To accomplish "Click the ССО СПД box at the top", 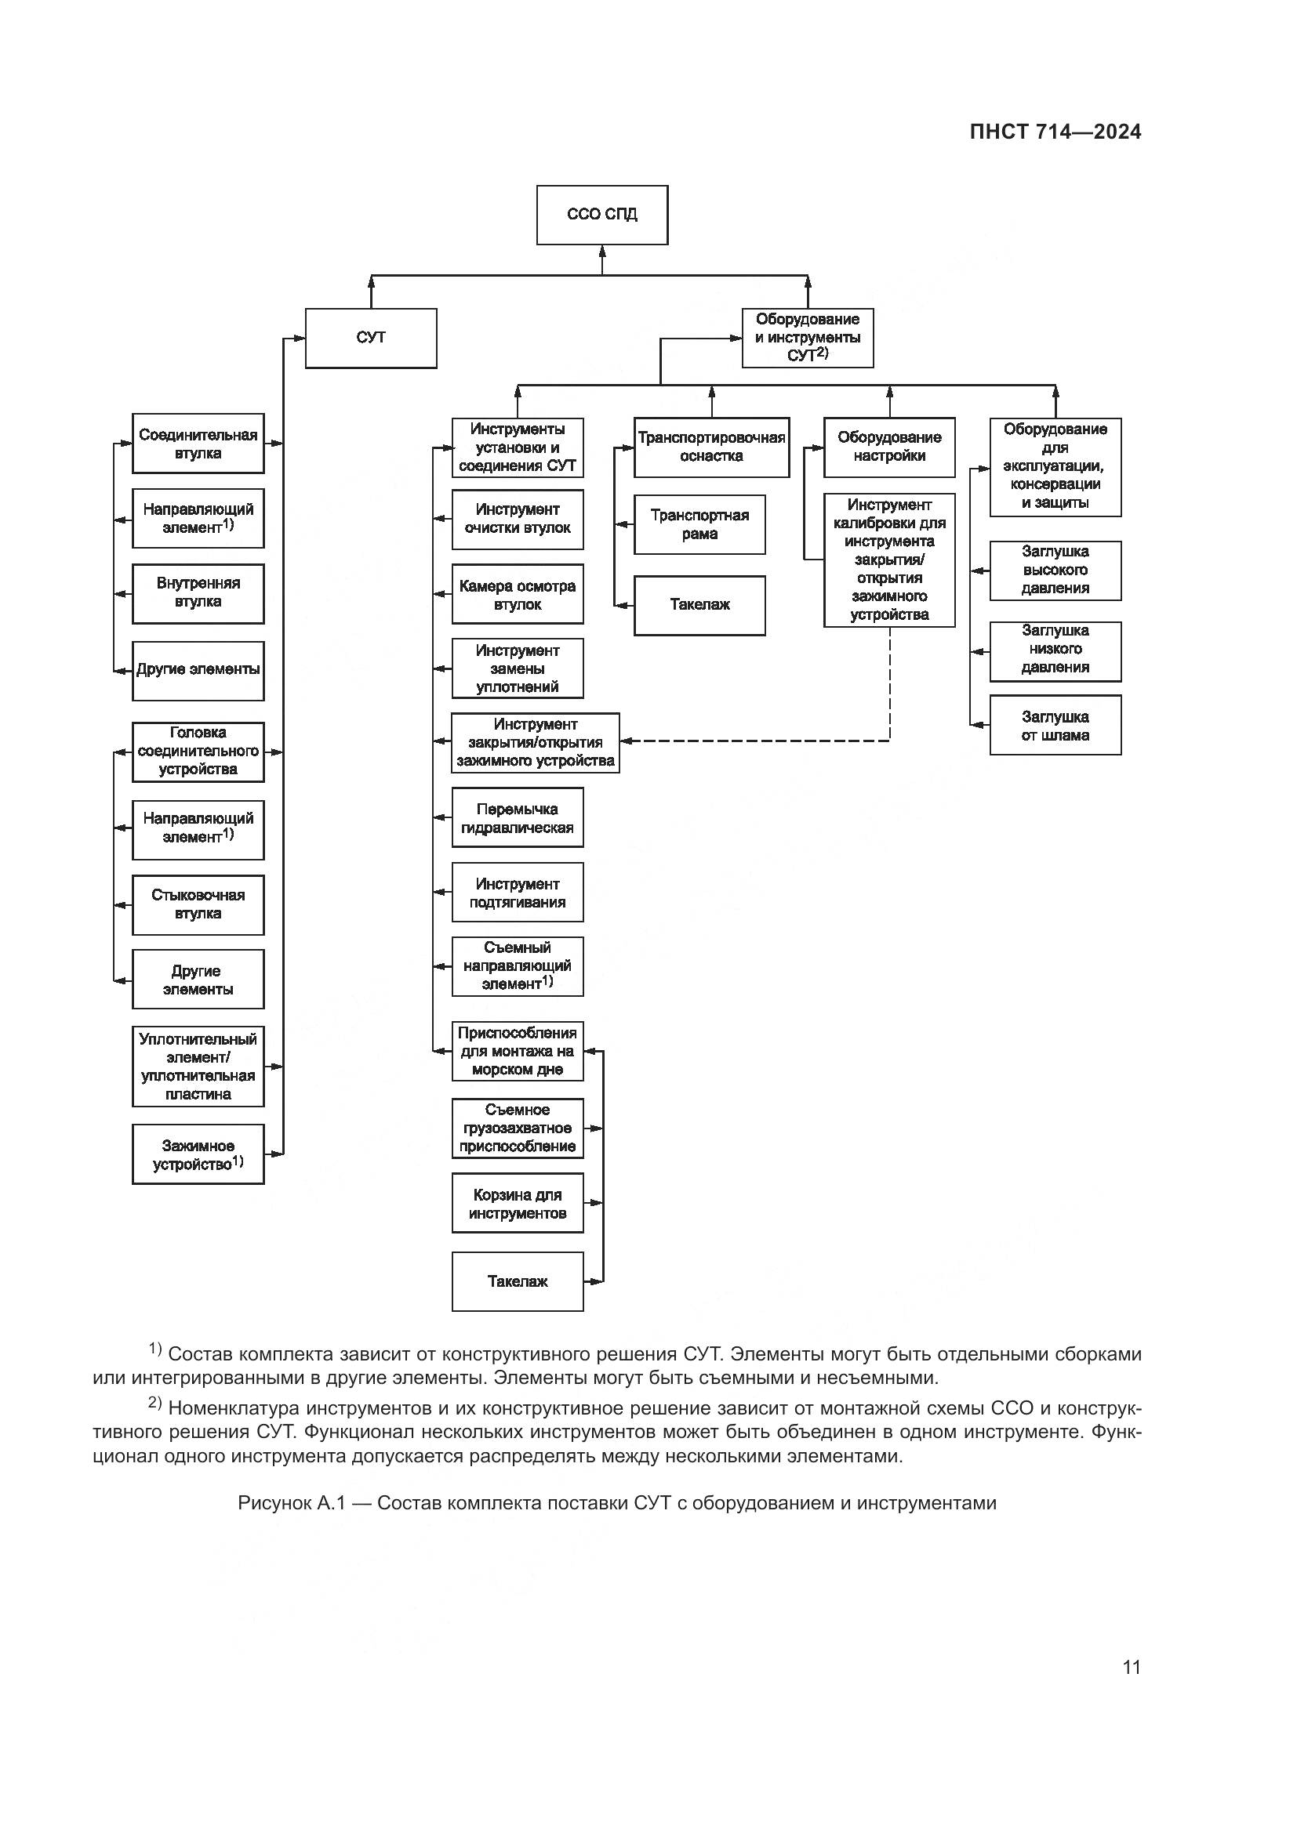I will [601, 215].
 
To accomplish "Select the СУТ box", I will [371, 338].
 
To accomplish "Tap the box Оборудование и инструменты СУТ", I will [808, 338].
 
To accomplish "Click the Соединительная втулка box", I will [198, 444].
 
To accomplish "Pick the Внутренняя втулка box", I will [198, 593].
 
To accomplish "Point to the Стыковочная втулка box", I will [198, 904].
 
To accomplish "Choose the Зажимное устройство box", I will [198, 1154].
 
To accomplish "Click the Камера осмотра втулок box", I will [518, 595].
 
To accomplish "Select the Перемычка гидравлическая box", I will [518, 818].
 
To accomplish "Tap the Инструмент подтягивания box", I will [518, 893].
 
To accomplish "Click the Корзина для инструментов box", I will [518, 1204].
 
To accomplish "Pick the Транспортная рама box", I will [699, 524].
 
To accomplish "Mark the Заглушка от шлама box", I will [1055, 726].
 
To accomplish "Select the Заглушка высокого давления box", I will [1055, 570].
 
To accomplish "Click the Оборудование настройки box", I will [889, 447].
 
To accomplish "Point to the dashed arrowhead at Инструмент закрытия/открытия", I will [626, 741].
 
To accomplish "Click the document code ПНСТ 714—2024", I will [1055, 132].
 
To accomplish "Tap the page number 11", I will [1131, 1667].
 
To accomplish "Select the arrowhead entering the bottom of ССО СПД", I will [602, 251].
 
